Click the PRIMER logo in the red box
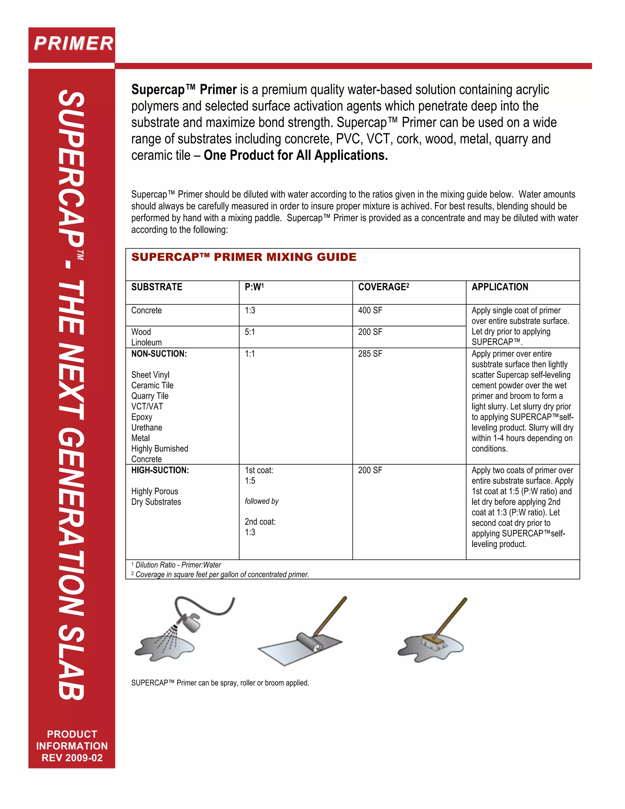tap(73, 44)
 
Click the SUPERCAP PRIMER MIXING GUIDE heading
tap(244, 257)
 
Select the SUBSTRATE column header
tap(157, 287)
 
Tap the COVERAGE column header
tap(383, 287)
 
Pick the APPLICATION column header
tap(500, 287)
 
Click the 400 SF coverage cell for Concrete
tap(370, 310)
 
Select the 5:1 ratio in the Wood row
tap(250, 332)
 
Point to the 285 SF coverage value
tap(370, 354)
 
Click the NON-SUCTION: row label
tap(159, 354)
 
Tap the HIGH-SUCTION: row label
tap(160, 470)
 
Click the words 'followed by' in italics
tap(262, 501)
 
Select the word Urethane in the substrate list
tap(146, 427)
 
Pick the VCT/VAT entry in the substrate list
tap(147, 406)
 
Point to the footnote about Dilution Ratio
tap(178, 565)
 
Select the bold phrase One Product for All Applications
tap(295, 155)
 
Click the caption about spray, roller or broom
tap(220, 683)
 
